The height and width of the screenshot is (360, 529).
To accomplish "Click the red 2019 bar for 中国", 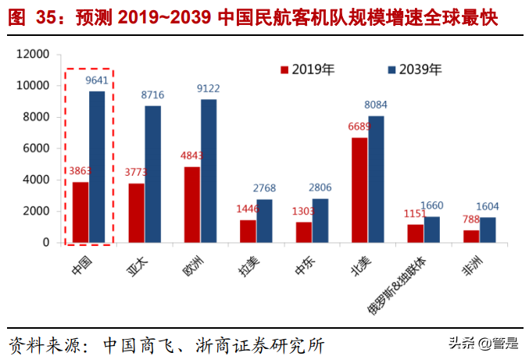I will (x=80, y=212).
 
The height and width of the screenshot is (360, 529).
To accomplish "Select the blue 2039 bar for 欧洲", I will (x=209, y=170).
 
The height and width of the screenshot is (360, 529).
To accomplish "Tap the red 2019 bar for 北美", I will (x=359, y=190).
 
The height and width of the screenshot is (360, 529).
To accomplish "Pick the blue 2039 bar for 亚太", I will (x=153, y=173).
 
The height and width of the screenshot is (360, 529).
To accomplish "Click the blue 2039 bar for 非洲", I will (x=488, y=230).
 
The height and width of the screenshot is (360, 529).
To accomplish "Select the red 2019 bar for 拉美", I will (x=248, y=230).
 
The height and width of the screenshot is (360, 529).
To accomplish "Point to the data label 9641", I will (x=97, y=80).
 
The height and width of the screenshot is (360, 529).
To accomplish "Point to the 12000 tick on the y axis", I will (x=33, y=55).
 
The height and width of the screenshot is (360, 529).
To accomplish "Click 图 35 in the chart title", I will (x=35, y=18).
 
